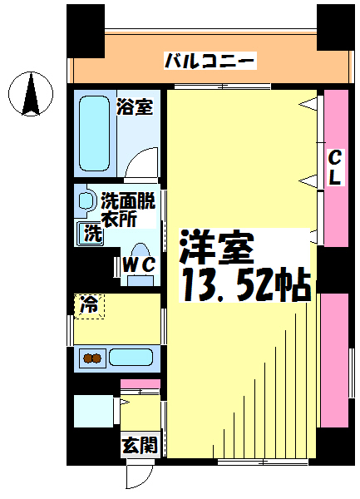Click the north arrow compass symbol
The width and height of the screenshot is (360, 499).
pyautogui.click(x=31, y=94)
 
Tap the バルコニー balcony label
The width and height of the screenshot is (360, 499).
pyautogui.click(x=210, y=61)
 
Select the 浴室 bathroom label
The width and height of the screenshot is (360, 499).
pyautogui.click(x=135, y=106)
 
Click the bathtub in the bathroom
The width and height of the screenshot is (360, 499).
pyautogui.click(x=94, y=133)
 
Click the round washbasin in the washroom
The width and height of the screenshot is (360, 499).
pyautogui.click(x=86, y=200)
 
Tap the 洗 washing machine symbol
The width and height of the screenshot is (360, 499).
pyautogui.click(x=91, y=233)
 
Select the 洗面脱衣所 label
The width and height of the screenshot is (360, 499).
pyautogui.click(x=128, y=210)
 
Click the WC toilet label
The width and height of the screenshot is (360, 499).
pyautogui.click(x=140, y=264)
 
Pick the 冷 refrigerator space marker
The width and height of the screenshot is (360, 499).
pyautogui.click(x=89, y=306)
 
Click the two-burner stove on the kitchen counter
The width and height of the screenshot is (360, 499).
pyautogui.click(x=92, y=358)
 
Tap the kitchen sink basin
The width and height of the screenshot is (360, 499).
pyautogui.click(x=131, y=357)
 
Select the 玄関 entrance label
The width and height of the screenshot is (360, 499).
pyautogui.click(x=140, y=445)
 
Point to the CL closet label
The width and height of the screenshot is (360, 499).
pyautogui.click(x=335, y=167)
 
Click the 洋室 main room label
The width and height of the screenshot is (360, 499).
pyautogui.click(x=217, y=247)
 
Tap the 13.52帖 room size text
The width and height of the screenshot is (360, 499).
pyautogui.click(x=245, y=284)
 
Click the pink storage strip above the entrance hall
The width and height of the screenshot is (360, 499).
pyautogui.click(x=140, y=383)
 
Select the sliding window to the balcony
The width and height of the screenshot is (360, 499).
pyautogui.click(x=223, y=86)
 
